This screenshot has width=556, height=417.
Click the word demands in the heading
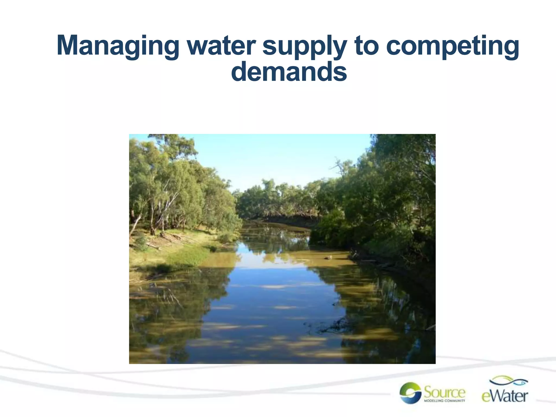[x=289, y=72]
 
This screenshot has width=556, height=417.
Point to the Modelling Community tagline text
[x=445, y=400]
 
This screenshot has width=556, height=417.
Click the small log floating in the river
[x=328, y=257]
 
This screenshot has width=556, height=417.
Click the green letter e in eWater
[x=486, y=397]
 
